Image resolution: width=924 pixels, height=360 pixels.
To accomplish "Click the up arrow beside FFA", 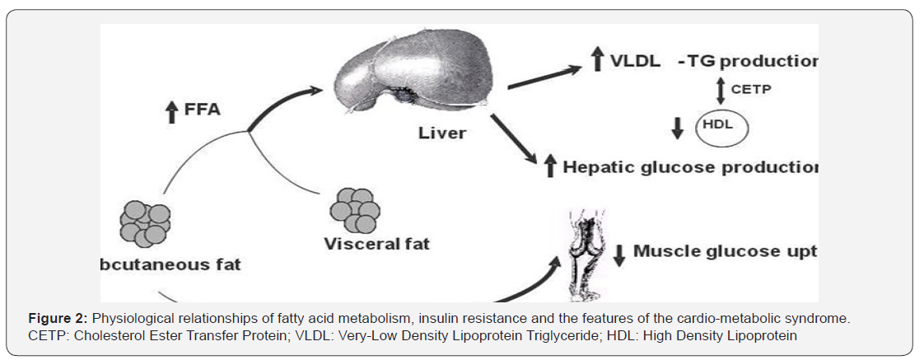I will tap(170, 110).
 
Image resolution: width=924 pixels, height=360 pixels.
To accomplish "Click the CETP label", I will tap(751, 90).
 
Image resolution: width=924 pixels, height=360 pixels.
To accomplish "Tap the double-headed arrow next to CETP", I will tap(721, 90).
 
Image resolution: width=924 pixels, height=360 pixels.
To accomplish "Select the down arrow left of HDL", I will tap(678, 129).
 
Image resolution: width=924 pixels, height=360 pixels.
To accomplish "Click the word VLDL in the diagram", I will tap(634, 61).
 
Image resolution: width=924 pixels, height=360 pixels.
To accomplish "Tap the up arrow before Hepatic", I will tap(550, 167).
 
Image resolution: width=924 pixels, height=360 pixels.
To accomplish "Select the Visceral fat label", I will tap(376, 244).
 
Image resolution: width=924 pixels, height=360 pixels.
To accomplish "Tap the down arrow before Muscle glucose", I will tap(620, 255).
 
